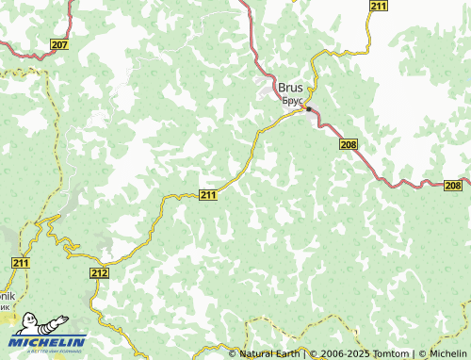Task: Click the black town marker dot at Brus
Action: [x=308, y=108]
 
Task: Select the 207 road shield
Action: [x=60, y=45]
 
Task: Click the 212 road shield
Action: [x=101, y=272]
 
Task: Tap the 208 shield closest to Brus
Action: [x=349, y=143]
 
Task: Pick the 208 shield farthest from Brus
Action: [x=453, y=186]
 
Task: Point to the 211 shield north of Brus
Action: [x=378, y=7]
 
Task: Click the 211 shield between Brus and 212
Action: [x=209, y=195]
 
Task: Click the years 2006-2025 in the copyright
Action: [x=344, y=353]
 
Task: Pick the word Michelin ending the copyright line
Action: [x=447, y=353]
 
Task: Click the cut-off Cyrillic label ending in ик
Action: [x=6, y=306]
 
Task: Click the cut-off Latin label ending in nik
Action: [x=7, y=295]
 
